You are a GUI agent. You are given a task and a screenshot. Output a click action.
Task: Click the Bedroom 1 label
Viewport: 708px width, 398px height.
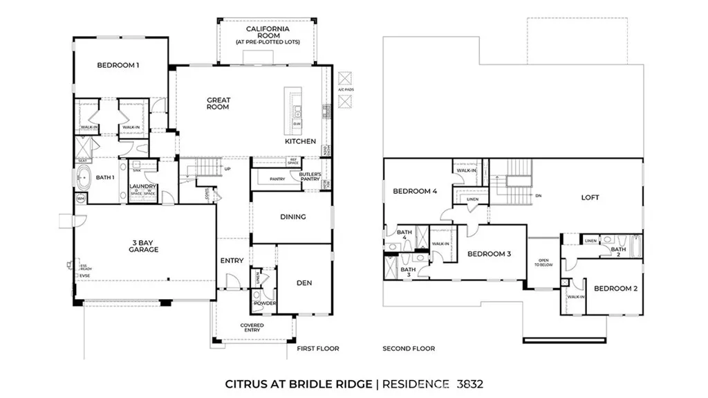(x=118, y=66)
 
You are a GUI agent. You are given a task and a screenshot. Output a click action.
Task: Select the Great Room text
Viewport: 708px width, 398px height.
(x=218, y=104)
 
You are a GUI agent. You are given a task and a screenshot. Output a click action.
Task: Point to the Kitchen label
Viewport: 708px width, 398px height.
(x=300, y=141)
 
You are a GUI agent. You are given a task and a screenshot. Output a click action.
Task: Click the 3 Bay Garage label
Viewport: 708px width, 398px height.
(x=143, y=246)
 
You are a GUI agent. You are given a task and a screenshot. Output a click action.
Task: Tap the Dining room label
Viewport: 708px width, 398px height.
(x=292, y=217)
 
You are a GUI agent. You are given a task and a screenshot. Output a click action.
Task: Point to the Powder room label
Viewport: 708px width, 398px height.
(x=264, y=304)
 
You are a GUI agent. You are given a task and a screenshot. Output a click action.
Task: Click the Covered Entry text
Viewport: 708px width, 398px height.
(x=252, y=328)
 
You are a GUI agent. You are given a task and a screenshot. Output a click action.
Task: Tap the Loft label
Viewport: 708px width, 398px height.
(x=590, y=197)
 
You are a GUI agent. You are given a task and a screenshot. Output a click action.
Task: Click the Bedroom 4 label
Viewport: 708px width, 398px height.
(x=415, y=192)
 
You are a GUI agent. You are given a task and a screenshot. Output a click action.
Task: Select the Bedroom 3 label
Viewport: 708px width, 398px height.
(x=489, y=254)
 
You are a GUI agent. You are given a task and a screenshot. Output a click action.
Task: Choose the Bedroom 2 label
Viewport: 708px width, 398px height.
(x=615, y=289)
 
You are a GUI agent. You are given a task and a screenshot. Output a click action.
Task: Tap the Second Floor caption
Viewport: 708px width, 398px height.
(x=409, y=349)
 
